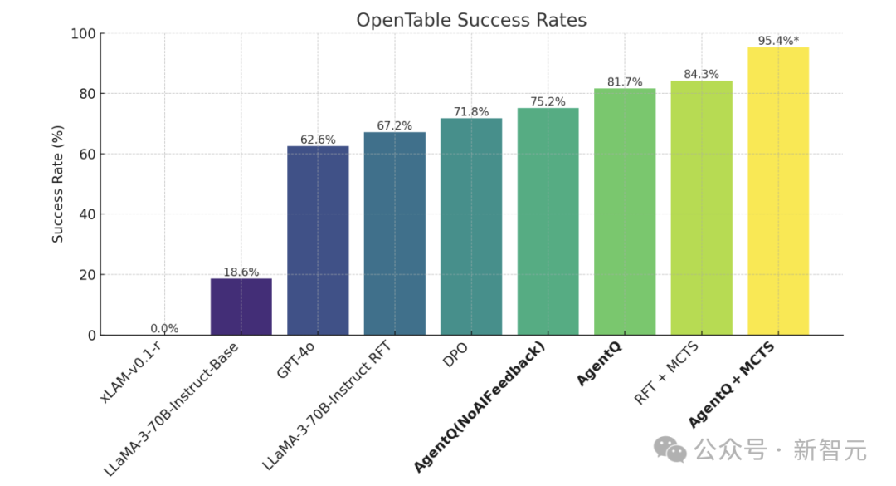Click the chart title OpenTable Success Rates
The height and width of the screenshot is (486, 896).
471,20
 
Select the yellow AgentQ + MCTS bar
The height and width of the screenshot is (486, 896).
778,191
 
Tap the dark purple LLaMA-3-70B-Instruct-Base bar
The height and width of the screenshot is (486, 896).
241,307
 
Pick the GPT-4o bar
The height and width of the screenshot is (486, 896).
318,240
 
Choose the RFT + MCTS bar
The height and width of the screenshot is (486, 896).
701,208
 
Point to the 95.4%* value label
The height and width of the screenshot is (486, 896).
778,41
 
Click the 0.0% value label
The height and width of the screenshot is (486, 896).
164,328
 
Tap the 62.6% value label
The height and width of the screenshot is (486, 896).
318,140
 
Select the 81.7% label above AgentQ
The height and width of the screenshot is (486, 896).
625,82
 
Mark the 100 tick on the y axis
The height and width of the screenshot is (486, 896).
83,34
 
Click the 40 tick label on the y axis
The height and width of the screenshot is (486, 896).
86,214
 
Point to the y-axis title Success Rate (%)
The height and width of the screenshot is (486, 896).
58,184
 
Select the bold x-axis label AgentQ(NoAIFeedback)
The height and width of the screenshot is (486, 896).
480,407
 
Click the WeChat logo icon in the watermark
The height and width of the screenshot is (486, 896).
670,450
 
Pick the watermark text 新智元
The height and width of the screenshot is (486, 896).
830,450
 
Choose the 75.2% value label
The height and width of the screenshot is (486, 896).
548,102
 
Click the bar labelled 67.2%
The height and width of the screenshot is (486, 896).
394,233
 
